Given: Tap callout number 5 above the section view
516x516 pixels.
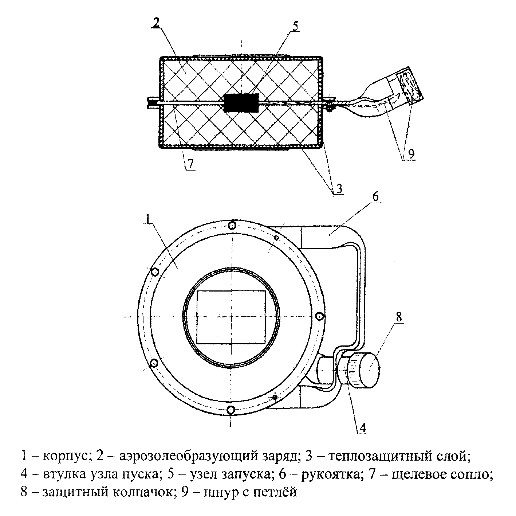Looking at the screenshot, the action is (295, 27).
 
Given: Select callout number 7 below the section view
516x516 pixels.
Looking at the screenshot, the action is (190, 164).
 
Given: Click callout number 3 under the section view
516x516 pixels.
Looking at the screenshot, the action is (339, 189).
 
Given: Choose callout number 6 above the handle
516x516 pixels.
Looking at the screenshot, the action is (376, 197).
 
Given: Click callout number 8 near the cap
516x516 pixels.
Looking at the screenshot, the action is (399, 317).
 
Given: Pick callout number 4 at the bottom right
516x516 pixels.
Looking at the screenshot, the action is (363, 428).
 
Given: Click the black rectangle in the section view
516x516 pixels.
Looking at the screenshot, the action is (241, 103).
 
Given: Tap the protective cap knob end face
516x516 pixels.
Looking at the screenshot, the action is (370, 370).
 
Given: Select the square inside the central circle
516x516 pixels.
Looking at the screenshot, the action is (231, 317).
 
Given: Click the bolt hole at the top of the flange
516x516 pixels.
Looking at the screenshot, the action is (232, 226).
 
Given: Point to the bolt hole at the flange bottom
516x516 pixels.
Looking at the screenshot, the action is (231, 410).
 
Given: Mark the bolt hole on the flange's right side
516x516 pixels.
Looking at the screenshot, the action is (320, 317).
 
